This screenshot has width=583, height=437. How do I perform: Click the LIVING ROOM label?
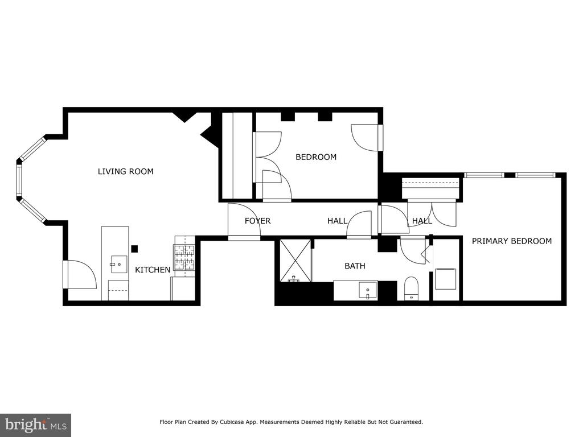[x=126, y=171]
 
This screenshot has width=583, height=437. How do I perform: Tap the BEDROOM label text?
[x=316, y=157]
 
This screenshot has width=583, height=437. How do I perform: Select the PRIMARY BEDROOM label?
[x=512, y=241]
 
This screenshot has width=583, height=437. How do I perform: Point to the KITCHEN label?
[x=153, y=270]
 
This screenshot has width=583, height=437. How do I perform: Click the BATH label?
[x=355, y=266]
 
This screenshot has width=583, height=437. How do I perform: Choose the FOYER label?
[x=258, y=221]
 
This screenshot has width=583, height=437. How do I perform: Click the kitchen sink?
[x=119, y=264]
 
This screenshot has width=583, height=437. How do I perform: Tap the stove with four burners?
[x=184, y=257]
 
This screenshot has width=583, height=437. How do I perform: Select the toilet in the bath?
[x=411, y=288]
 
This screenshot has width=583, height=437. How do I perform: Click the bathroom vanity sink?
[x=368, y=290]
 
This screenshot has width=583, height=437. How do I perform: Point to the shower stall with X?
[x=295, y=260]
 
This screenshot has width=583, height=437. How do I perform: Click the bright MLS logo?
[x=36, y=424]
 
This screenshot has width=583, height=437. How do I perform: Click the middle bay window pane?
[x=19, y=180]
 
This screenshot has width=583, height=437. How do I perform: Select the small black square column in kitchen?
[x=134, y=249]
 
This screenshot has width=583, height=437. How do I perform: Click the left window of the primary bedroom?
[x=484, y=175]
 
